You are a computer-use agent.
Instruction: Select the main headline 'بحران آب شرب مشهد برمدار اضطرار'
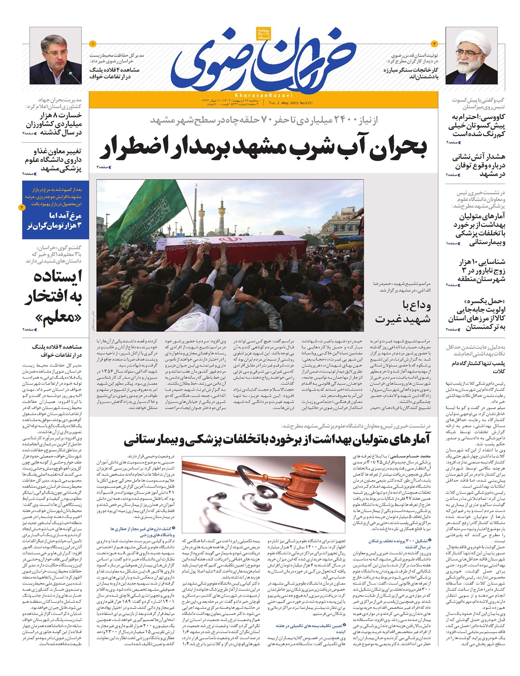(x=264, y=149)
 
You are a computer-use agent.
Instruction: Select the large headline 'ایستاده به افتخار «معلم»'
(x=53, y=297)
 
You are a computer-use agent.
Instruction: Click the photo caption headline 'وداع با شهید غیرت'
(x=403, y=312)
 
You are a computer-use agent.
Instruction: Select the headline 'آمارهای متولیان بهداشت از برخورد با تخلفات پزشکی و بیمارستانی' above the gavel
(x=277, y=440)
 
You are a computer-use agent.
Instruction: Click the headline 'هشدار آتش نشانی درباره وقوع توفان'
(x=478, y=165)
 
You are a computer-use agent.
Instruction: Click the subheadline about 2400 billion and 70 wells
(x=264, y=120)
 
